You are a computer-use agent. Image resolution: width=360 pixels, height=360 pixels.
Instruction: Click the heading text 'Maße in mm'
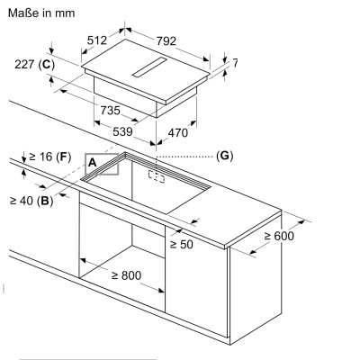41,13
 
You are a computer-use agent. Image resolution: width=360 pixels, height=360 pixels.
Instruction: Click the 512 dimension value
97,40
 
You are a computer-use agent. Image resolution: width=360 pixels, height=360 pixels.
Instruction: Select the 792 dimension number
166,41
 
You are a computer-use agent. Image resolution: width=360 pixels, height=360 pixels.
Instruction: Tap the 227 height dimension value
24,64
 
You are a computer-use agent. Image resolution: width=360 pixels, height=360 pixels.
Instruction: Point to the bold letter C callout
47,64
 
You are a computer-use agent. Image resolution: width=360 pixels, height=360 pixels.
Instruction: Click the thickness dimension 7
235,63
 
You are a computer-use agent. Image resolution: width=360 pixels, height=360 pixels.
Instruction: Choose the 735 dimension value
110,111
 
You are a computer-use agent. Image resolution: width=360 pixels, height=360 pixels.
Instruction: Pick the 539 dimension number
122,131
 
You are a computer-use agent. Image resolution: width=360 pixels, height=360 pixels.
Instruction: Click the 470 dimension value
178,132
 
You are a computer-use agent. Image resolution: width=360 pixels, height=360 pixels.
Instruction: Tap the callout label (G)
224,156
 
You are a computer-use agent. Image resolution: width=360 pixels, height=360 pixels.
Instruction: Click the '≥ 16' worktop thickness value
40,157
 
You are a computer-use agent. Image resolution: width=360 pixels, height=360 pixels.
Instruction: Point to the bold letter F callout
63,157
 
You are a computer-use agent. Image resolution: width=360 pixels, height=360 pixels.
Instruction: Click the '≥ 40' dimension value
22,201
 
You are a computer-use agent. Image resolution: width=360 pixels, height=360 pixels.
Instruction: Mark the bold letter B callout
45,201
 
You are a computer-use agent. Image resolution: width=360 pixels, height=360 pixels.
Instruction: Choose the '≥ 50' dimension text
182,244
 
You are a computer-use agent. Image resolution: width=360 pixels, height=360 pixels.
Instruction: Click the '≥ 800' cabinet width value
126,275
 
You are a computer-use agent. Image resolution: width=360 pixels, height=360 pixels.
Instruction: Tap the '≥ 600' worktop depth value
279,236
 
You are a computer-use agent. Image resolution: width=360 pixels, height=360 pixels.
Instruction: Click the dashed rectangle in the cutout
157,176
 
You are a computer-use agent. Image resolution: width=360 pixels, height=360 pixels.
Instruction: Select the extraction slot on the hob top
149,67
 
